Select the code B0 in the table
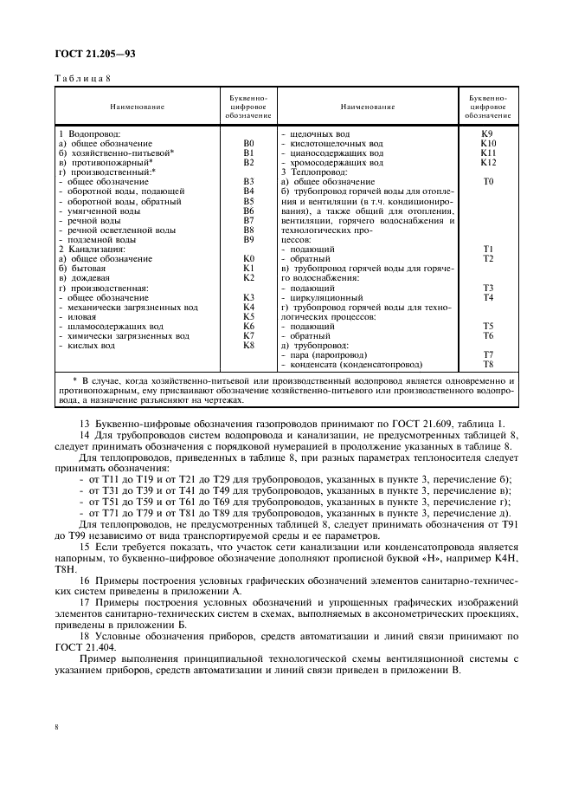pyautogui.click(x=248, y=143)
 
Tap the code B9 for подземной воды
pyautogui.click(x=248, y=239)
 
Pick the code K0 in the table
pyautogui.click(x=248, y=258)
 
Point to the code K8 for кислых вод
pyautogui.click(x=248, y=345)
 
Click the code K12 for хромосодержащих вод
pyautogui.click(x=488, y=162)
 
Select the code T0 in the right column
pyautogui.click(x=488, y=182)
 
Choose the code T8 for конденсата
pyautogui.click(x=488, y=364)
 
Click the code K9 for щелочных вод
pyautogui.click(x=488, y=134)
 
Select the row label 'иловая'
pyautogui.click(x=85, y=316)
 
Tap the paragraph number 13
pyautogui.click(x=84, y=422)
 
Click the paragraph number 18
pyautogui.click(x=84, y=636)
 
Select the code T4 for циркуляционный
pyautogui.click(x=488, y=297)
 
